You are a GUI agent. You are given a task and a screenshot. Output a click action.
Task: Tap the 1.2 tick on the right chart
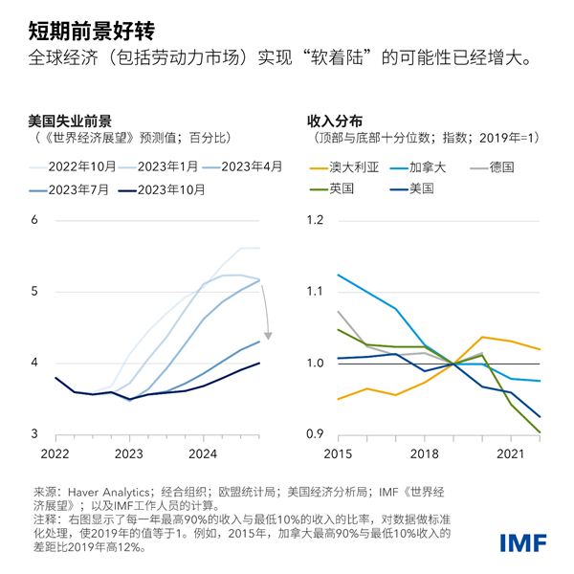click(316, 220)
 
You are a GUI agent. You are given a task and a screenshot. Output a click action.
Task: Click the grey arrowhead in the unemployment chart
click(269, 335)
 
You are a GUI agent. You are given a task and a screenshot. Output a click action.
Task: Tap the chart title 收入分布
click(334, 121)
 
